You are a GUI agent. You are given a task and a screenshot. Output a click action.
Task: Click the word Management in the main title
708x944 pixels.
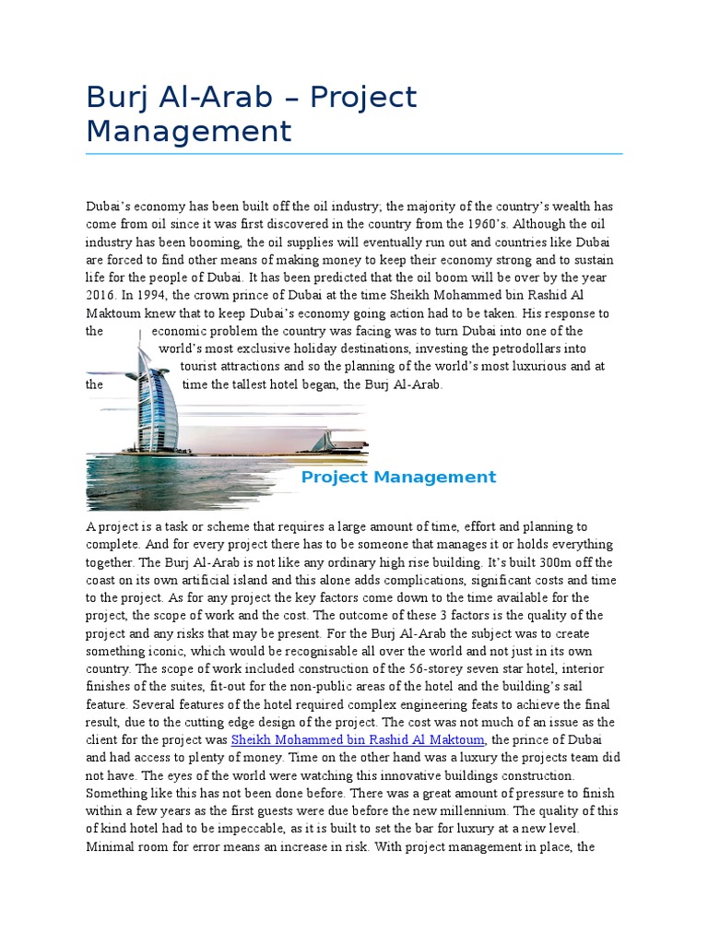(188, 131)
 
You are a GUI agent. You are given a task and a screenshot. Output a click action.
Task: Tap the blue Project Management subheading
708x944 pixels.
(398, 477)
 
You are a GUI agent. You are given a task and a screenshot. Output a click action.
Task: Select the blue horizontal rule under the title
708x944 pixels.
(354, 154)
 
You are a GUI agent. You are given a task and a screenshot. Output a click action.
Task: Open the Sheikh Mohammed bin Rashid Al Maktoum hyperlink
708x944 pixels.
(358, 739)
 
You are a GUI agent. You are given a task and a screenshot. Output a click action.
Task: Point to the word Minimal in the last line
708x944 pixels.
(110, 846)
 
